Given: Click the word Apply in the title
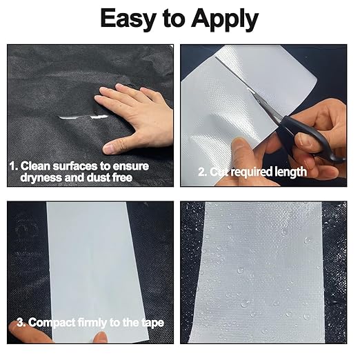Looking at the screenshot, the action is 225,19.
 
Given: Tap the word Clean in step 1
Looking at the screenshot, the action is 35,166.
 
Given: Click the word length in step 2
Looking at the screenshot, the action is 291,172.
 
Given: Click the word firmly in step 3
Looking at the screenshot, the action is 92,323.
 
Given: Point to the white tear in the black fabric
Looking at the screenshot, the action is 83,117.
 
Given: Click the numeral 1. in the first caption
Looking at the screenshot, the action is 14,166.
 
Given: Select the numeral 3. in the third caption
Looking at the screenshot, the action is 21,323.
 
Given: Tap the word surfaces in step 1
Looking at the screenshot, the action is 74,166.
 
